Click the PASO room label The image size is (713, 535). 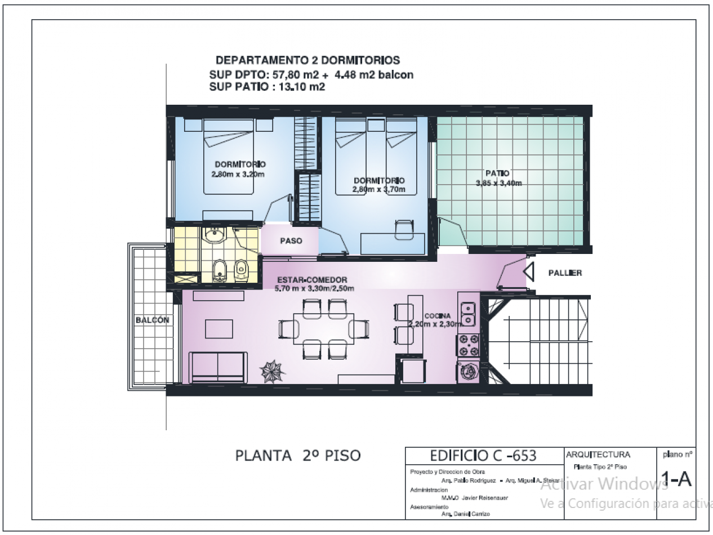point(291,240)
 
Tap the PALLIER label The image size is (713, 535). point(565,273)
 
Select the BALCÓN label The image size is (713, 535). point(152,319)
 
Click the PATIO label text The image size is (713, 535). point(497,173)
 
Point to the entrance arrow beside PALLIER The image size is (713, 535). point(529,273)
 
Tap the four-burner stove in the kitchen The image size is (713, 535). point(469,345)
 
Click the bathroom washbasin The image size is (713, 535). point(214,235)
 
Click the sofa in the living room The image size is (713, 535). point(218,367)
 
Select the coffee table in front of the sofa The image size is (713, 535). point(219,328)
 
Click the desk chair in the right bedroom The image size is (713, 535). point(403,230)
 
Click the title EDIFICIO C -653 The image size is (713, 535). point(483,455)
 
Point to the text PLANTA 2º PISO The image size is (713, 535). point(297,455)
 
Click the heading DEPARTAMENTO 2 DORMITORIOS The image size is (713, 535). point(308,60)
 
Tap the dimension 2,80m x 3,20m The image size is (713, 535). point(238,174)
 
